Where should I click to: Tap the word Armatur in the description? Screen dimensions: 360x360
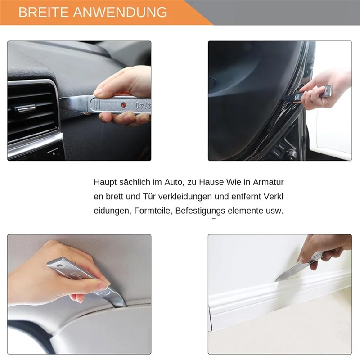coord(269,182)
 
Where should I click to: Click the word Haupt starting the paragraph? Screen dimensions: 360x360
coord(105,182)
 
